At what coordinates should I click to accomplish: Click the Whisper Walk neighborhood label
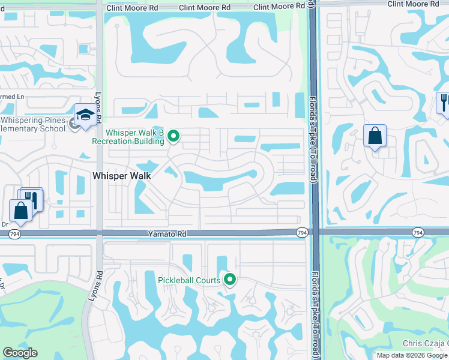pyautogui.click(x=121, y=176)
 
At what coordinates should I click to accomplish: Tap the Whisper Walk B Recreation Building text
pyautogui.click(x=127, y=137)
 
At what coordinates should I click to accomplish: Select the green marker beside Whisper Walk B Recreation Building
pyautogui.click(x=174, y=136)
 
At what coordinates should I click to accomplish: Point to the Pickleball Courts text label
pyautogui.click(x=189, y=280)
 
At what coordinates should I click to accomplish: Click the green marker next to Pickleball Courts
pyautogui.click(x=229, y=279)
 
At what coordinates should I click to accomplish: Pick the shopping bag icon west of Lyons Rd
pyautogui.click(x=20, y=210)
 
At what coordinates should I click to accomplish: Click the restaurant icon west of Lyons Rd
pyautogui.click(x=32, y=199)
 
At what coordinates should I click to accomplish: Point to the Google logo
pyautogui.click(x=20, y=353)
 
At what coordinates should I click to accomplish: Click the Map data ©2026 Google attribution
pyautogui.click(x=412, y=355)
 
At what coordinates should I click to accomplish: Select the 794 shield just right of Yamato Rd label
pyautogui.click(x=302, y=232)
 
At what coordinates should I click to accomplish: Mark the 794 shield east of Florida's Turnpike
pyautogui.click(x=418, y=232)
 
